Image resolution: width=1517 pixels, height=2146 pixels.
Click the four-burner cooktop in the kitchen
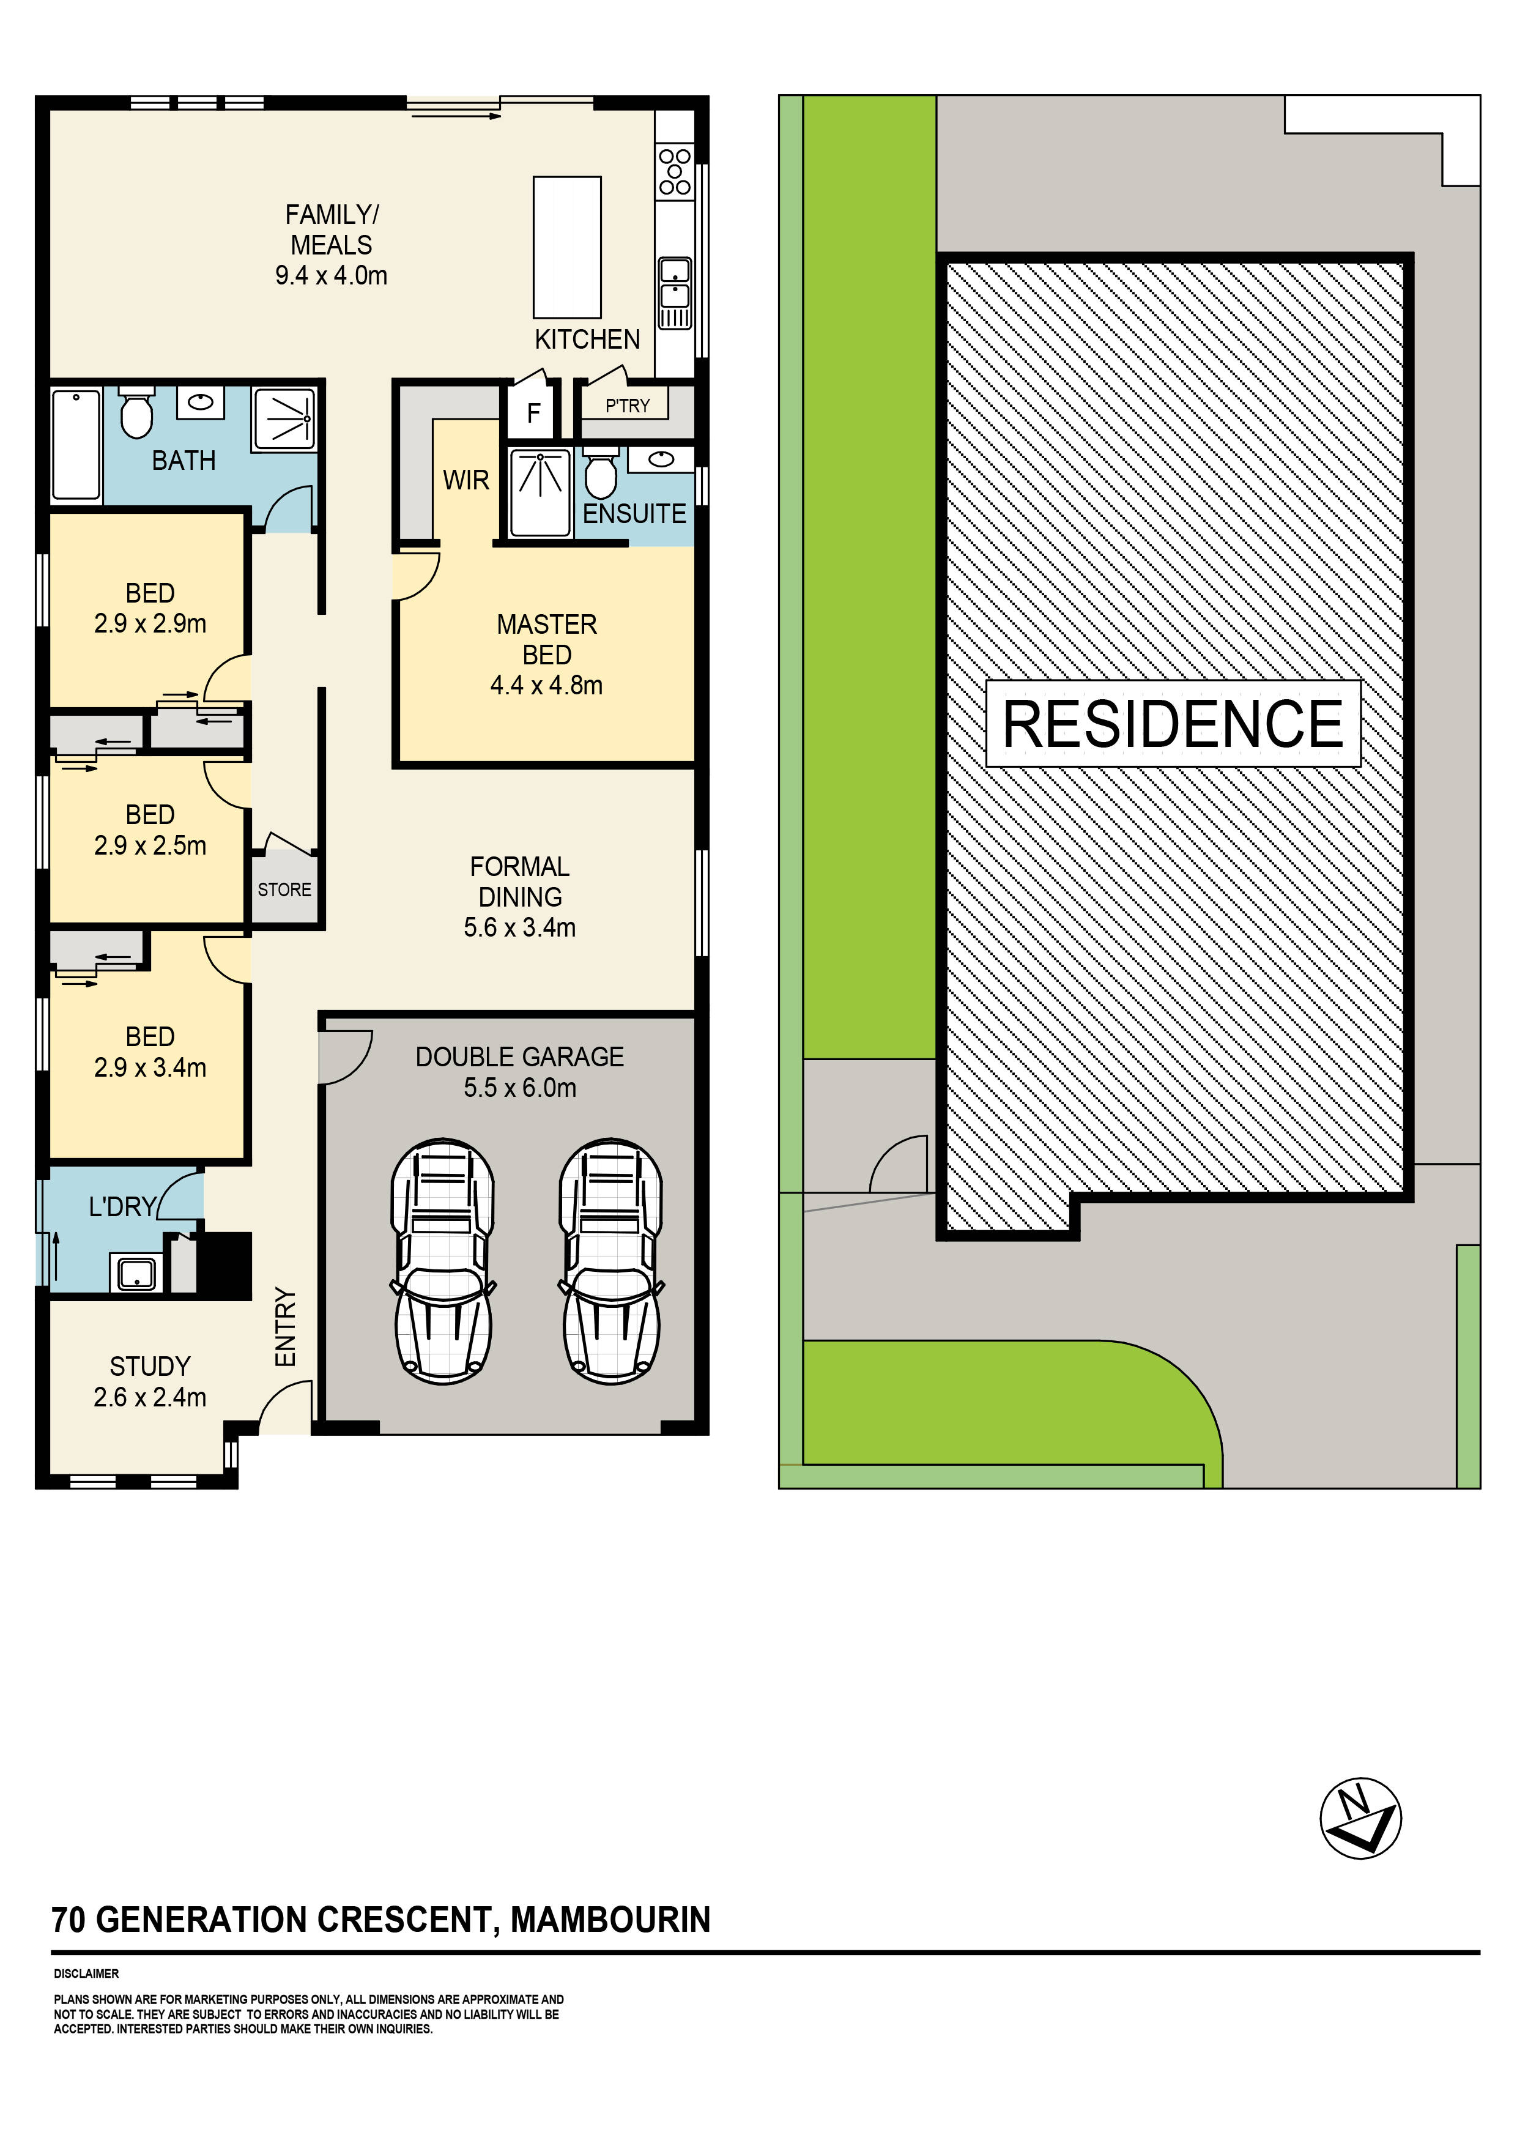pyautogui.click(x=675, y=172)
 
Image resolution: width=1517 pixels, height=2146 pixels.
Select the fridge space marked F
pyautogui.click(x=534, y=412)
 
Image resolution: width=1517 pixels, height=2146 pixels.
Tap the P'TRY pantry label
pyautogui.click(x=626, y=406)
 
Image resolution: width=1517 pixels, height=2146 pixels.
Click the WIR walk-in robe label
pyautogui.click(x=465, y=480)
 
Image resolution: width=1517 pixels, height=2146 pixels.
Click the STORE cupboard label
pyautogui.click(x=284, y=890)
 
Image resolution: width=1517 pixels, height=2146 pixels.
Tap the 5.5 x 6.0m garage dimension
pyautogui.click(x=520, y=1088)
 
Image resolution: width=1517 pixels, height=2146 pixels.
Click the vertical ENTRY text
pyautogui.click(x=285, y=1327)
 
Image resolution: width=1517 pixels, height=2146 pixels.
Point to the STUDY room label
pyautogui.click(x=149, y=1367)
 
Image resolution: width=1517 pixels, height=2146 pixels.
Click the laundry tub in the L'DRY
pyautogui.click(x=136, y=1273)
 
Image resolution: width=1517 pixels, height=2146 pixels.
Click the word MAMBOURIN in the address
pyautogui.click(x=610, y=1920)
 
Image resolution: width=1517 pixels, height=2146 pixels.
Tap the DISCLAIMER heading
pyautogui.click(x=86, y=1974)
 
